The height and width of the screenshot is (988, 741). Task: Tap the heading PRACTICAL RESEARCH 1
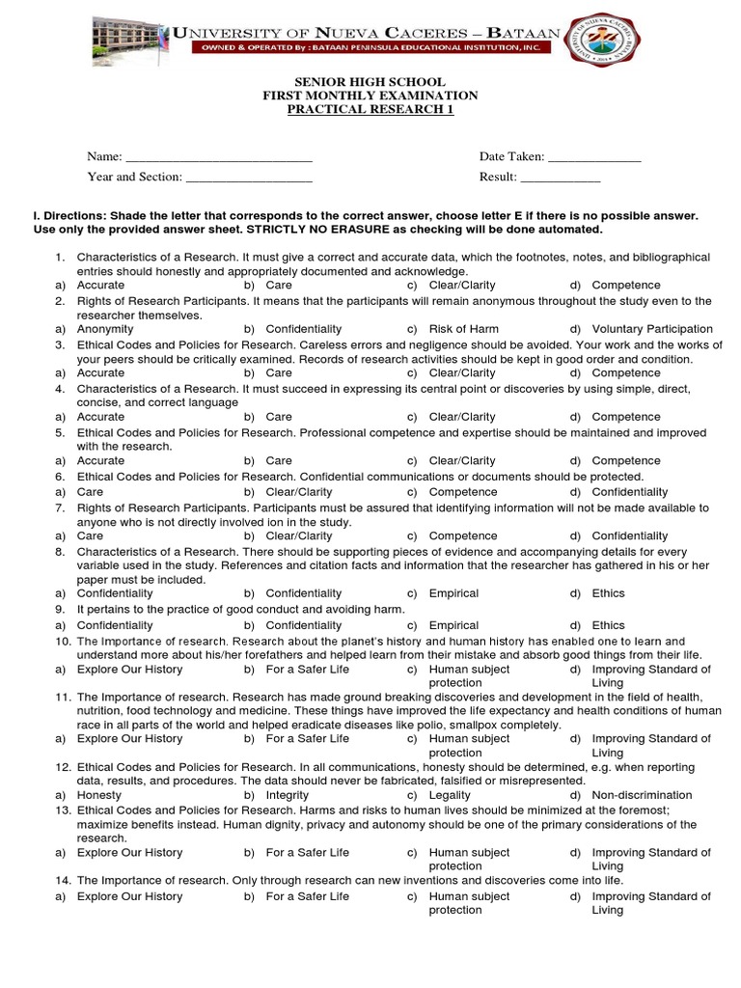(x=370, y=110)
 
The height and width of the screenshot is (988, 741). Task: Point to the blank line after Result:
(x=560, y=178)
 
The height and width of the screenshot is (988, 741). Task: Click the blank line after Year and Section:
(x=249, y=178)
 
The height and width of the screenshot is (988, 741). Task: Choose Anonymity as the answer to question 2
(x=104, y=329)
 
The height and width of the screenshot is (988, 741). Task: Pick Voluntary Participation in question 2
(x=652, y=329)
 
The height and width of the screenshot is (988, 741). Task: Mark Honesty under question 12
(x=99, y=795)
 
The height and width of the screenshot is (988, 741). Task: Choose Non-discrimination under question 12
(x=642, y=795)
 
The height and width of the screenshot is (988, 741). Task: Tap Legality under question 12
(x=451, y=795)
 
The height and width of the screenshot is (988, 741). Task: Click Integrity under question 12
(x=288, y=795)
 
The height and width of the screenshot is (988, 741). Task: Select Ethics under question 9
(x=608, y=625)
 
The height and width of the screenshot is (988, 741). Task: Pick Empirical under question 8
(x=453, y=593)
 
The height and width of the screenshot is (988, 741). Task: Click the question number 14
(x=63, y=881)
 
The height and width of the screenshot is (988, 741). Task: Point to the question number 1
(x=59, y=258)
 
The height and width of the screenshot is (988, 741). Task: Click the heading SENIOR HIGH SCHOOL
(x=370, y=81)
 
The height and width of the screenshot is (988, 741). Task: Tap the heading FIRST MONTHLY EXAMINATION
(x=370, y=96)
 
